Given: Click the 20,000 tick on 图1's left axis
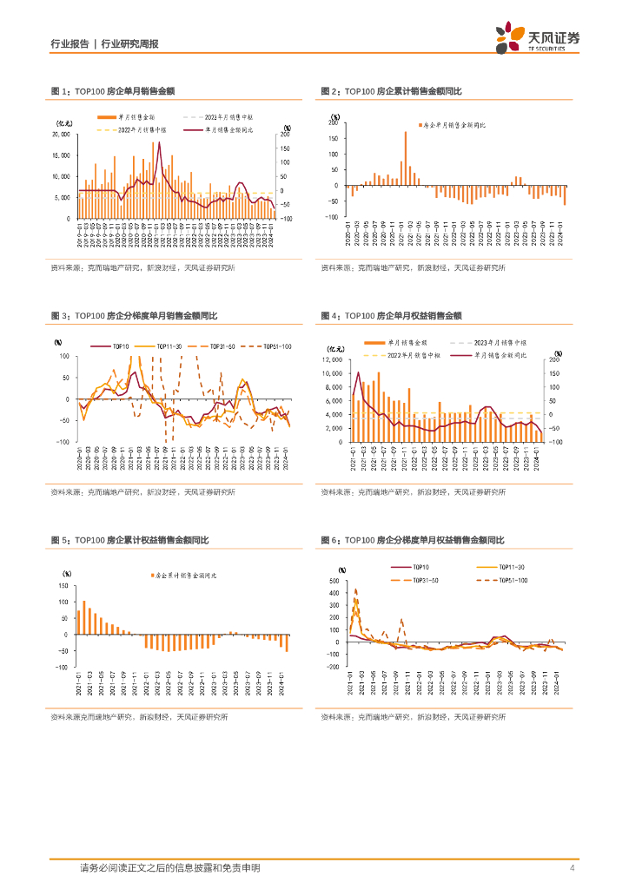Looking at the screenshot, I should [62, 135].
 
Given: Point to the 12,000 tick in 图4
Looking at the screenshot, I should [334, 359].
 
